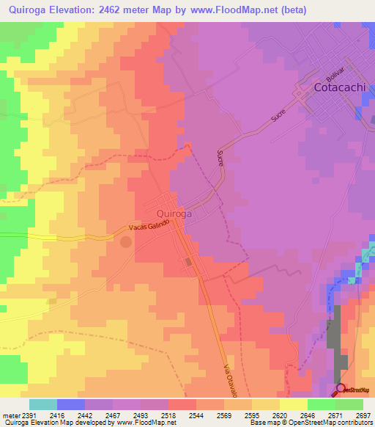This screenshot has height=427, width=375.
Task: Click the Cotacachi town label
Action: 340,87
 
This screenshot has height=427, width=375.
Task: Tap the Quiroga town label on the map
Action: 174,213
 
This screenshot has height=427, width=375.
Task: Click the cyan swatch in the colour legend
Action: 43,404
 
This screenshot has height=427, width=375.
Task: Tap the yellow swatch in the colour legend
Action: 293,404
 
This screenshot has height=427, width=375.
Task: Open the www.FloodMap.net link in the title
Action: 233,10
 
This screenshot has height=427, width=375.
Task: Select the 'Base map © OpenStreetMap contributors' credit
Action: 309,423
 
